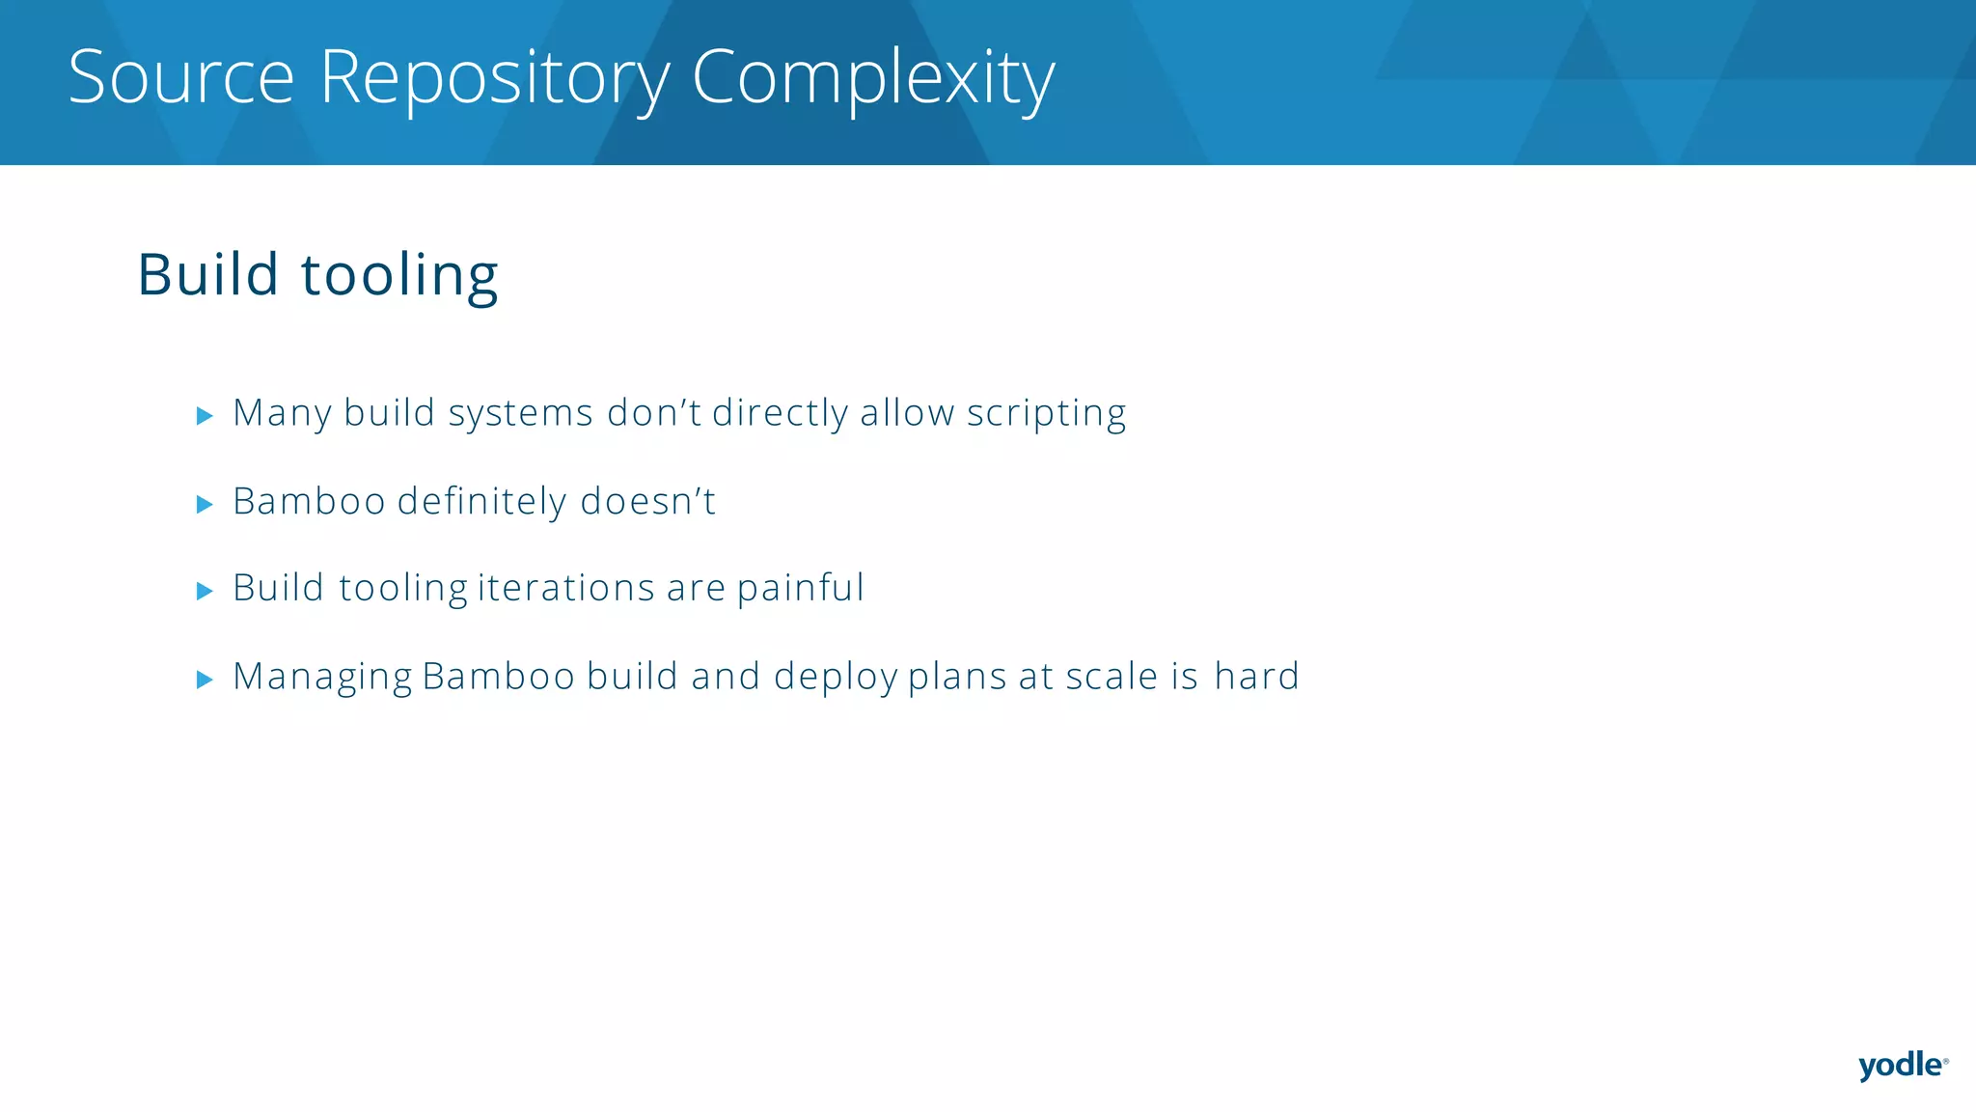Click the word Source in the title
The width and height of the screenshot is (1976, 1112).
point(181,77)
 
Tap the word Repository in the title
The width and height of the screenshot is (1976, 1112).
point(494,79)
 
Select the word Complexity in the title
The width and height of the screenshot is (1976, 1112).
point(873,79)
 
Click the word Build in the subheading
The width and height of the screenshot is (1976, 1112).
point(208,275)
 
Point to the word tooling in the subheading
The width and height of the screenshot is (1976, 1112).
point(399,277)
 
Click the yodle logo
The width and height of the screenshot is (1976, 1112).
point(1902,1066)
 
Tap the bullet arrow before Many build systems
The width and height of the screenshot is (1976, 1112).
point(204,416)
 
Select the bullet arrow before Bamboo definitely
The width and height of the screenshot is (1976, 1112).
point(204,504)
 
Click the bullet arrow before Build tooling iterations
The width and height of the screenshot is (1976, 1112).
point(204,591)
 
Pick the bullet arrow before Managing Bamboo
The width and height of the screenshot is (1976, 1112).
point(204,680)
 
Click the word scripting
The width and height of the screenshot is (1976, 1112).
point(1046,415)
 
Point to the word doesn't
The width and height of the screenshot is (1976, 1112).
point(647,502)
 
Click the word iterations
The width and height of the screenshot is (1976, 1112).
point(566,589)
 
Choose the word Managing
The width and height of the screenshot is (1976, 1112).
point(322,679)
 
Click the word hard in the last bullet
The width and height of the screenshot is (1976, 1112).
point(1256,677)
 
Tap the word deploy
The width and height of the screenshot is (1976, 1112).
point(836,679)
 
